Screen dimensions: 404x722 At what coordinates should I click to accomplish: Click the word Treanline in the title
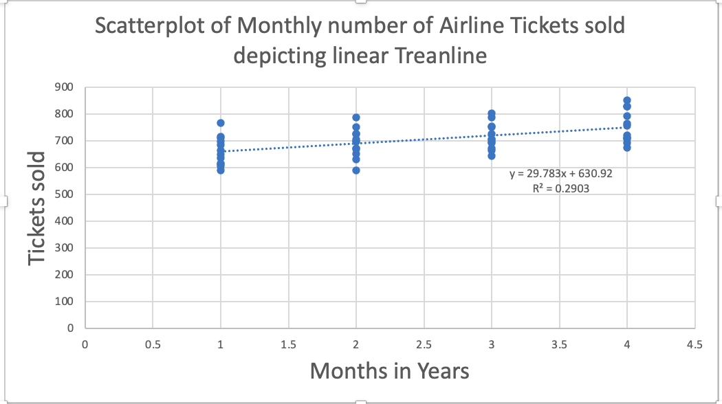(440, 56)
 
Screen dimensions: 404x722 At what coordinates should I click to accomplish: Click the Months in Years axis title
(389, 370)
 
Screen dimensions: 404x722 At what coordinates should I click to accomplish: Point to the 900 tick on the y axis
(66, 87)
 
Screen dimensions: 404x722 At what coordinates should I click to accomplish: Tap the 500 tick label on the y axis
(66, 194)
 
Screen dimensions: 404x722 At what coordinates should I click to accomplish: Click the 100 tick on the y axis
(66, 302)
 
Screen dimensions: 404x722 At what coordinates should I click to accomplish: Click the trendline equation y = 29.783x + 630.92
(560, 174)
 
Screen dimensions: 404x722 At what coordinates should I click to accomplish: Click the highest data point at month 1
(221, 123)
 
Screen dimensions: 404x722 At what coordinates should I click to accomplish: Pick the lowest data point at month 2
(356, 170)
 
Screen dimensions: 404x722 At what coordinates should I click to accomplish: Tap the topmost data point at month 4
(627, 100)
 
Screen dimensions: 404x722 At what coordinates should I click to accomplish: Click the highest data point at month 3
(492, 113)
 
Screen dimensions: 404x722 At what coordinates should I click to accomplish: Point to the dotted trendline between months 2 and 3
(424, 140)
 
